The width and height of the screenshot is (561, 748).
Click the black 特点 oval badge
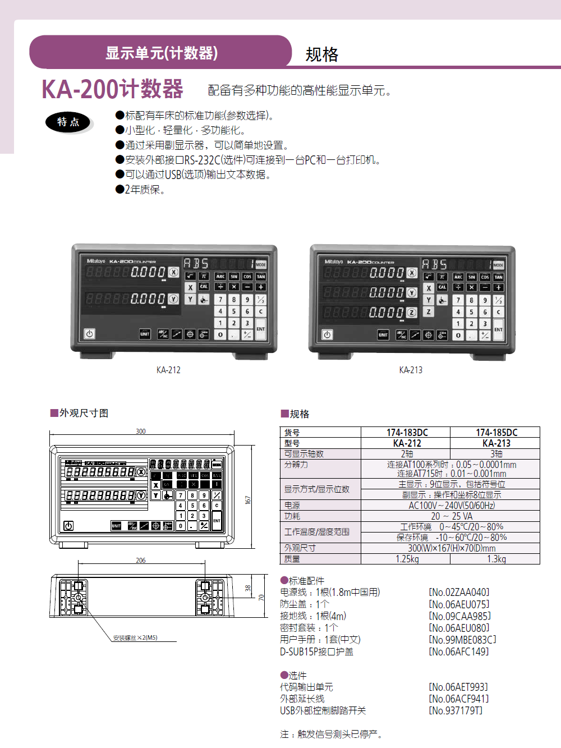(x=68, y=122)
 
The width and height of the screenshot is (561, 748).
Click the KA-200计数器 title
(x=113, y=89)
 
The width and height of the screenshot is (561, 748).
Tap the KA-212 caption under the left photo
(x=168, y=370)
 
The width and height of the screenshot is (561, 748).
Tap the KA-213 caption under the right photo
(x=411, y=370)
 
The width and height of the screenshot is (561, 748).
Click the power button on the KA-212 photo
(x=89, y=334)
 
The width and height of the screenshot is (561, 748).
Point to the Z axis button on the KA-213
(x=429, y=311)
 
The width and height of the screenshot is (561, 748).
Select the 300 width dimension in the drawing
(x=141, y=432)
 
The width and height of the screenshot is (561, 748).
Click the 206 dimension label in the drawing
(x=141, y=560)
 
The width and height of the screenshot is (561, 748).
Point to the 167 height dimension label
(x=248, y=499)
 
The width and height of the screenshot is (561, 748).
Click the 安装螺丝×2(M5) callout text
(x=135, y=638)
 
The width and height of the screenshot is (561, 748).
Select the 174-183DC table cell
(x=407, y=433)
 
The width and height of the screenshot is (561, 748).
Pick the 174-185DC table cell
(x=496, y=433)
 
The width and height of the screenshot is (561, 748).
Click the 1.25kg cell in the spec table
(x=407, y=559)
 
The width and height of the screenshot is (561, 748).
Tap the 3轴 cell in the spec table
(x=496, y=454)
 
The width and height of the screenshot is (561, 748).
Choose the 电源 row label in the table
(x=292, y=506)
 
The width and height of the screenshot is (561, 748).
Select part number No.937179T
(x=456, y=710)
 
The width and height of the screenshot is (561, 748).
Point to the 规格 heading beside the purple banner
(x=322, y=54)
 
